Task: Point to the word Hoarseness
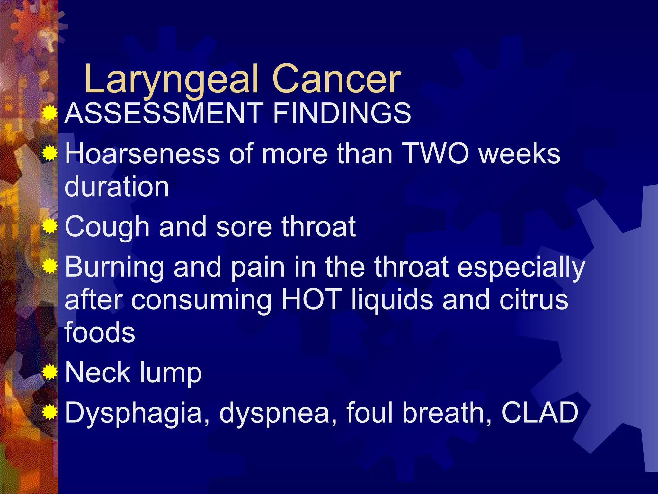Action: pos(142,154)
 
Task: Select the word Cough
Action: pos(107,227)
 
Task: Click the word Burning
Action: pos(114,267)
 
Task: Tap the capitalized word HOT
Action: pos(311,300)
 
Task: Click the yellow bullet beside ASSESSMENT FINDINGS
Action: pos(50,113)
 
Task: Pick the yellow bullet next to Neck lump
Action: pos(50,372)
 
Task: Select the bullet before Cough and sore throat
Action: pos(50,227)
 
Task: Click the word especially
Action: pos(521,267)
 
